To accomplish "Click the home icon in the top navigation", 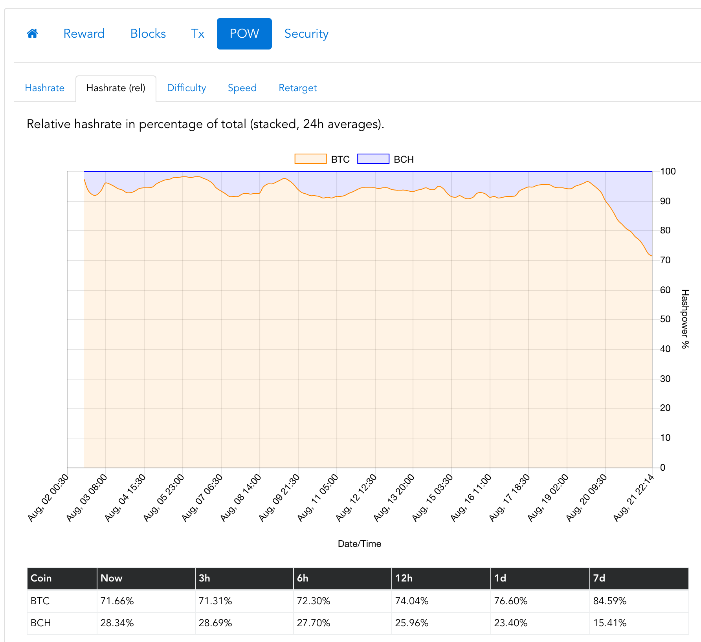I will [32, 33].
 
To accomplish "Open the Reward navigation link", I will [84, 34].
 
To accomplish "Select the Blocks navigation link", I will [148, 34].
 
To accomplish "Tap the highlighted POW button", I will [244, 34].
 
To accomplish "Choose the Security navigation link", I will [306, 34].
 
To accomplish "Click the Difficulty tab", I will [186, 88].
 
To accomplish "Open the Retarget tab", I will [297, 88].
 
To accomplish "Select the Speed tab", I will [242, 88].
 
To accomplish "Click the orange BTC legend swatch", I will [310, 159].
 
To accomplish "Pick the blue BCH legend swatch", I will [373, 159].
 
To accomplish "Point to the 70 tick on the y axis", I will [665, 260].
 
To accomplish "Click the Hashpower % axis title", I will [685, 319].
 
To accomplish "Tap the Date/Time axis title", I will [360, 544].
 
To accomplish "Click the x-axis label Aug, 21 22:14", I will [633, 498].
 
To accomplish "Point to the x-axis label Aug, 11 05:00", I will [317, 498].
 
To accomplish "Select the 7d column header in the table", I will [599, 578].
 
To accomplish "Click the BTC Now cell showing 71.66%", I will [117, 601].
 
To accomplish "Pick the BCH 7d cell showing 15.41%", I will [610, 623].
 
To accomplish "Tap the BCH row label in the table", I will [41, 623].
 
